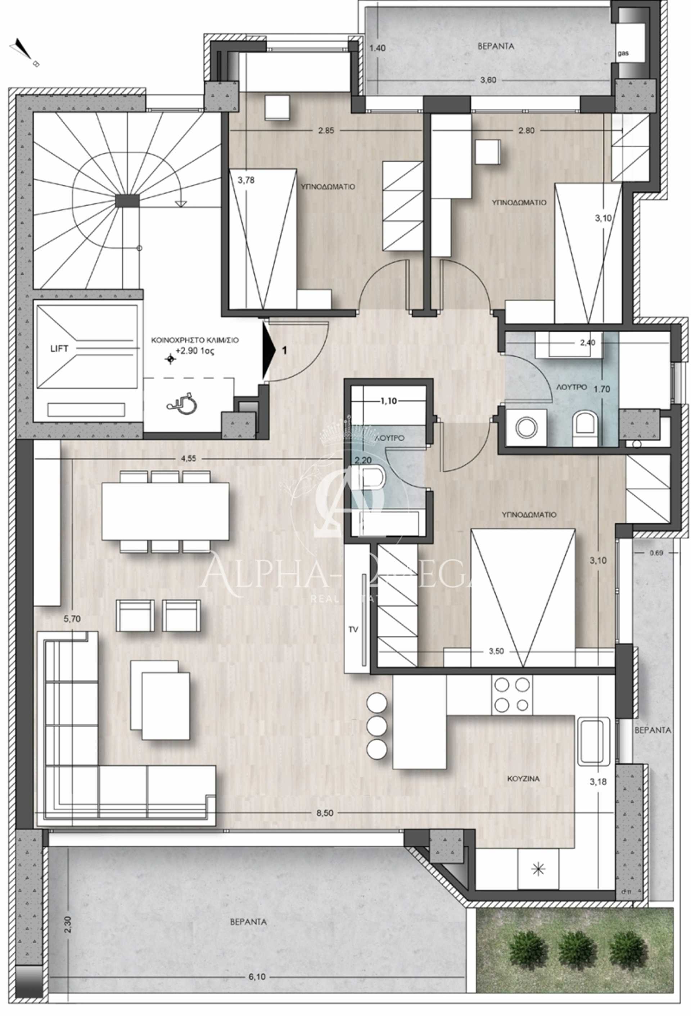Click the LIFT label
tap(59, 349)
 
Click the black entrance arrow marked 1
tap(269, 350)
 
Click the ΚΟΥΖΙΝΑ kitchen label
tap(523, 779)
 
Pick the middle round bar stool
tap(377, 727)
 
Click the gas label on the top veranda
tap(623, 53)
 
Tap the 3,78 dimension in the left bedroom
tap(246, 180)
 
